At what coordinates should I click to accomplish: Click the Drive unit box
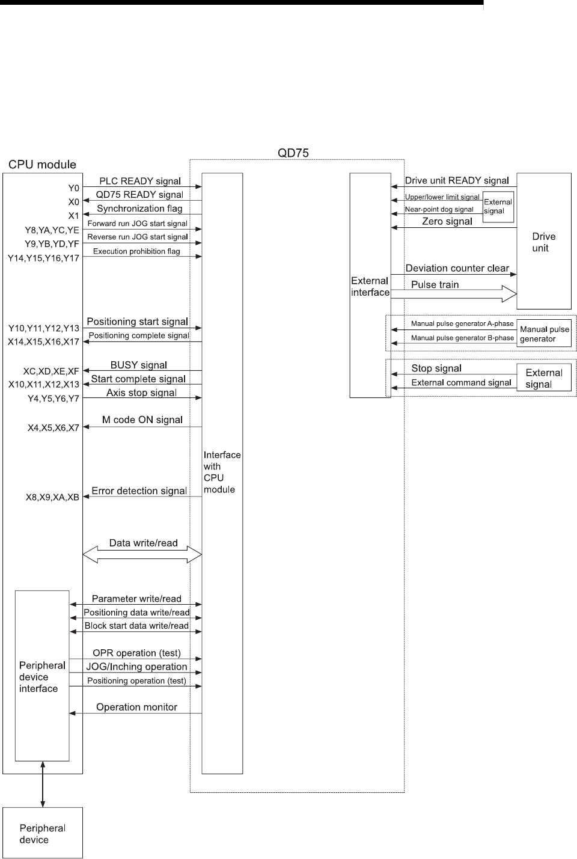543,242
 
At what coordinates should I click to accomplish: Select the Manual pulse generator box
544,334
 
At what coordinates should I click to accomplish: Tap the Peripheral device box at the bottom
42,833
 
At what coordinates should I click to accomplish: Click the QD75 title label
293,153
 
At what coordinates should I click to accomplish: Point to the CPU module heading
42,165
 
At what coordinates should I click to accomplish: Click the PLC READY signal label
140,181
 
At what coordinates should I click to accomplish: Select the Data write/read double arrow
142,554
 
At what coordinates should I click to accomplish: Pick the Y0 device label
73,188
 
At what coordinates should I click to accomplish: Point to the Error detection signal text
139,491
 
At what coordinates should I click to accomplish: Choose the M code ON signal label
142,420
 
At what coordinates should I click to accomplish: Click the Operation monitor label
136,707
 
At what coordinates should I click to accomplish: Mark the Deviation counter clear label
457,268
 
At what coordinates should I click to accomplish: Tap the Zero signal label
447,221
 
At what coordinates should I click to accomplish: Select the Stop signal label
436,368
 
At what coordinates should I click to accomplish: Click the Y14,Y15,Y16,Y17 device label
43,258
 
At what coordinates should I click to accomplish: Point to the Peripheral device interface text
41,677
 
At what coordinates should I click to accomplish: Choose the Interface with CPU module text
222,472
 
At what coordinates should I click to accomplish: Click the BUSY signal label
139,365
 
